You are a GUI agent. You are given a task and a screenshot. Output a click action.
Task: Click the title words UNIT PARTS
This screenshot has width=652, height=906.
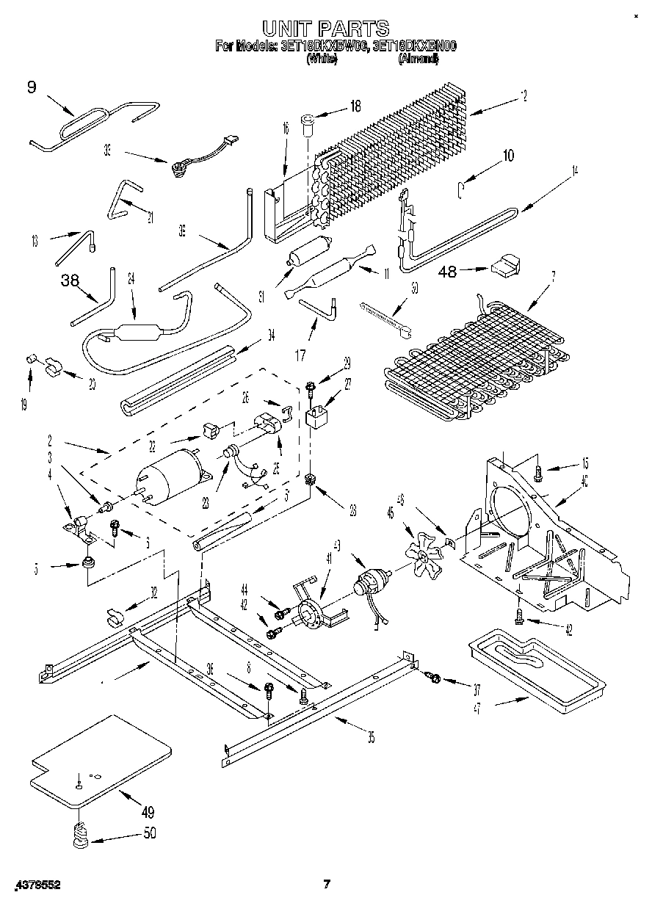[326, 28]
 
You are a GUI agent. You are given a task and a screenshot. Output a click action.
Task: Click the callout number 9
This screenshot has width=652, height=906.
[31, 88]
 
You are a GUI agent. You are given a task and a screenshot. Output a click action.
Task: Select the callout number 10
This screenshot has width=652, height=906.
[507, 156]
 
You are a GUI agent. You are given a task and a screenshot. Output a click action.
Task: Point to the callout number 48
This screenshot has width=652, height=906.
[447, 272]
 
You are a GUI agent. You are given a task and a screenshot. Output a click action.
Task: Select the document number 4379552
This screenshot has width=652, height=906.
[35, 885]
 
